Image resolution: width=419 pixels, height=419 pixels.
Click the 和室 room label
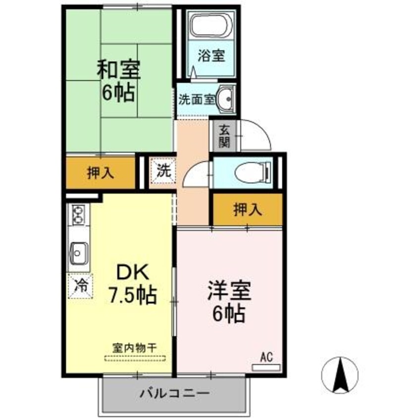click(x=118, y=70)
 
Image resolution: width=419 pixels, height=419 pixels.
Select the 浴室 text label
click(x=211, y=55)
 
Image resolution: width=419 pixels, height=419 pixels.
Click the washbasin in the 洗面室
click(x=227, y=98)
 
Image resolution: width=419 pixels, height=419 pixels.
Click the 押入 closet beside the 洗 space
click(x=101, y=173)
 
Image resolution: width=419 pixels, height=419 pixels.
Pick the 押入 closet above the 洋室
click(x=247, y=209)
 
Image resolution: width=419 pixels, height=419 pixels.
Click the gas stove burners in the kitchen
click(x=78, y=215)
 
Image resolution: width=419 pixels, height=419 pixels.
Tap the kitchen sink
click(x=78, y=253)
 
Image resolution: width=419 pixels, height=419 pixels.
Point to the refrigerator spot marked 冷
click(x=80, y=285)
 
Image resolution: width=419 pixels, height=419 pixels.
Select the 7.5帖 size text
click(x=133, y=296)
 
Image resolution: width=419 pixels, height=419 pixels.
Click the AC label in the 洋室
click(x=266, y=357)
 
